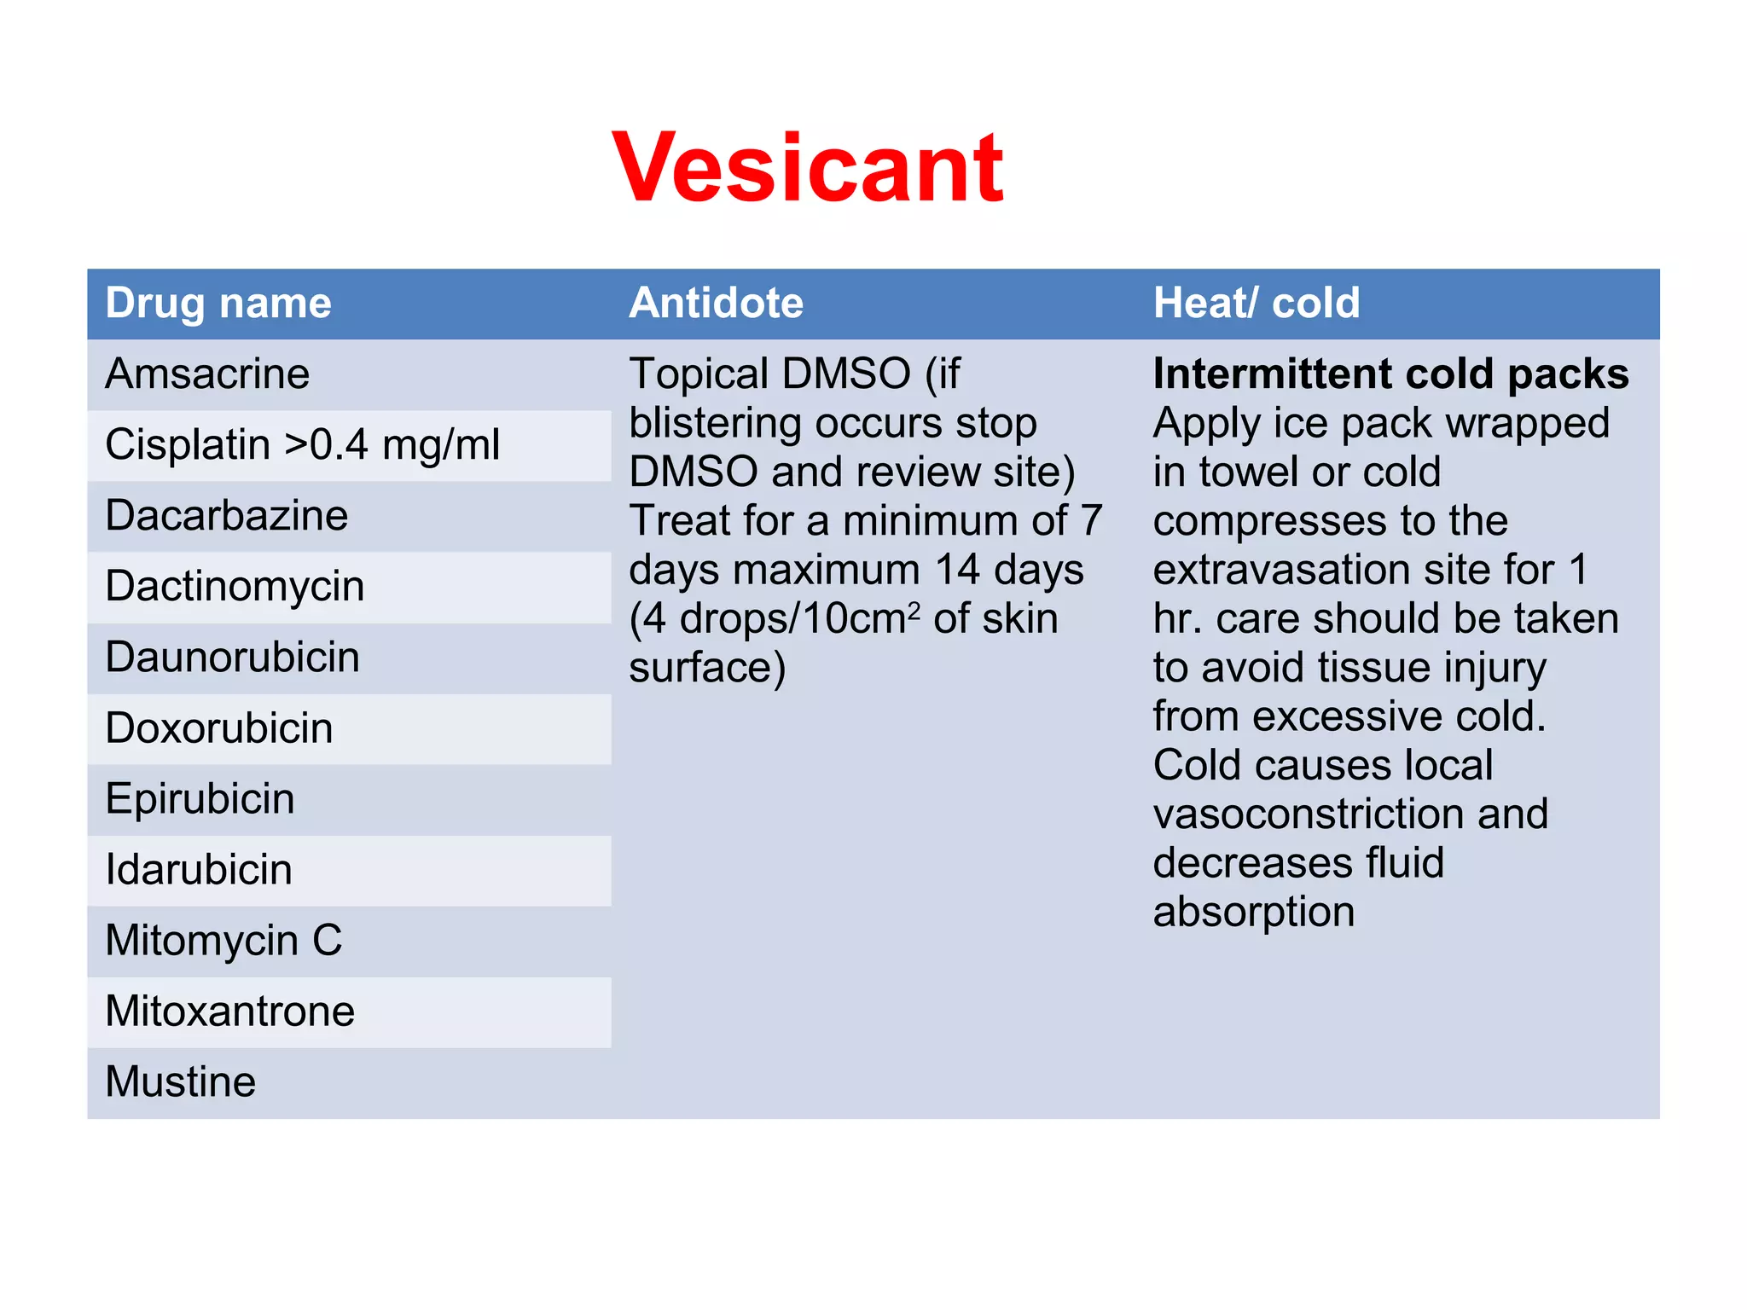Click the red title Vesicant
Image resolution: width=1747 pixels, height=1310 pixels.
click(808, 168)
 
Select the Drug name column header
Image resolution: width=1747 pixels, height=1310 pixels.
click(218, 304)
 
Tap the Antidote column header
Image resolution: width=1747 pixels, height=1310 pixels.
click(716, 304)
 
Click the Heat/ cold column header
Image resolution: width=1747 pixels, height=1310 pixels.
click(1256, 304)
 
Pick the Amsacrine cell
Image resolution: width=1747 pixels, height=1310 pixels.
click(207, 374)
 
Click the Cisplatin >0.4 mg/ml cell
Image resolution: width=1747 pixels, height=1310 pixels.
click(302, 445)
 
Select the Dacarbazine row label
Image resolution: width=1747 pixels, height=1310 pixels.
click(226, 516)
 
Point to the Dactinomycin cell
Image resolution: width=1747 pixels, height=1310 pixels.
click(235, 587)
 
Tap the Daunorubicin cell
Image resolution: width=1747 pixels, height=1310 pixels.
click(232, 658)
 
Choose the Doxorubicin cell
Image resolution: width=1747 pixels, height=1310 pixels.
click(218, 728)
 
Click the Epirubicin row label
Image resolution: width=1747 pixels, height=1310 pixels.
click(200, 799)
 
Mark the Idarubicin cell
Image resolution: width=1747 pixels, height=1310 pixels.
click(198, 870)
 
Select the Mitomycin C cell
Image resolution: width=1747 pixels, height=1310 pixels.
click(223, 941)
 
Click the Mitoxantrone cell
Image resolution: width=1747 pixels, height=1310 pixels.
click(229, 1011)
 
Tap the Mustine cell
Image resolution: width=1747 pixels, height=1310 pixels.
click(180, 1082)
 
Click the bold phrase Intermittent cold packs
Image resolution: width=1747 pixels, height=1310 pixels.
click(1390, 374)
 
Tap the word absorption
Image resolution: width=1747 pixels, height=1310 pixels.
click(1253, 913)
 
